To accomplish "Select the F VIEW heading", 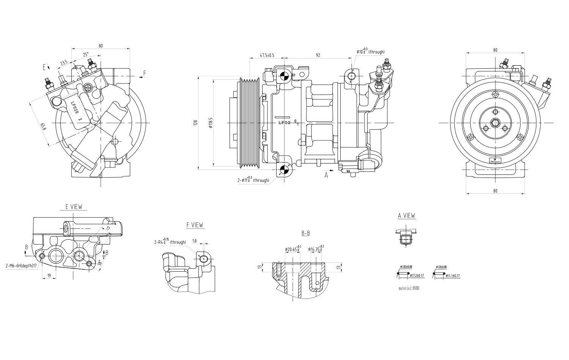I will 195,225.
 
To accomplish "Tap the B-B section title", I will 306,233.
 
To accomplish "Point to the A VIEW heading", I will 406,215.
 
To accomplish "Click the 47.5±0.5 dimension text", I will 267,55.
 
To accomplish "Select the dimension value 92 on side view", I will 318,55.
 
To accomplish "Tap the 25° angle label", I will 86,55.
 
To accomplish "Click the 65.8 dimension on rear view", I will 43,126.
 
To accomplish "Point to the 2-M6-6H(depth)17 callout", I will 21,266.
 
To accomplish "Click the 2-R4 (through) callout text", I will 170,242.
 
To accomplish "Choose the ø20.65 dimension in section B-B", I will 292,249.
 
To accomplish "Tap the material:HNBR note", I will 409,288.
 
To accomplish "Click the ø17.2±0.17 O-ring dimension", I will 416,276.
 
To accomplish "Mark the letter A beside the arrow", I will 326,175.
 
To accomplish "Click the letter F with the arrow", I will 145,73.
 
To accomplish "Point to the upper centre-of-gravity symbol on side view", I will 283,75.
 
